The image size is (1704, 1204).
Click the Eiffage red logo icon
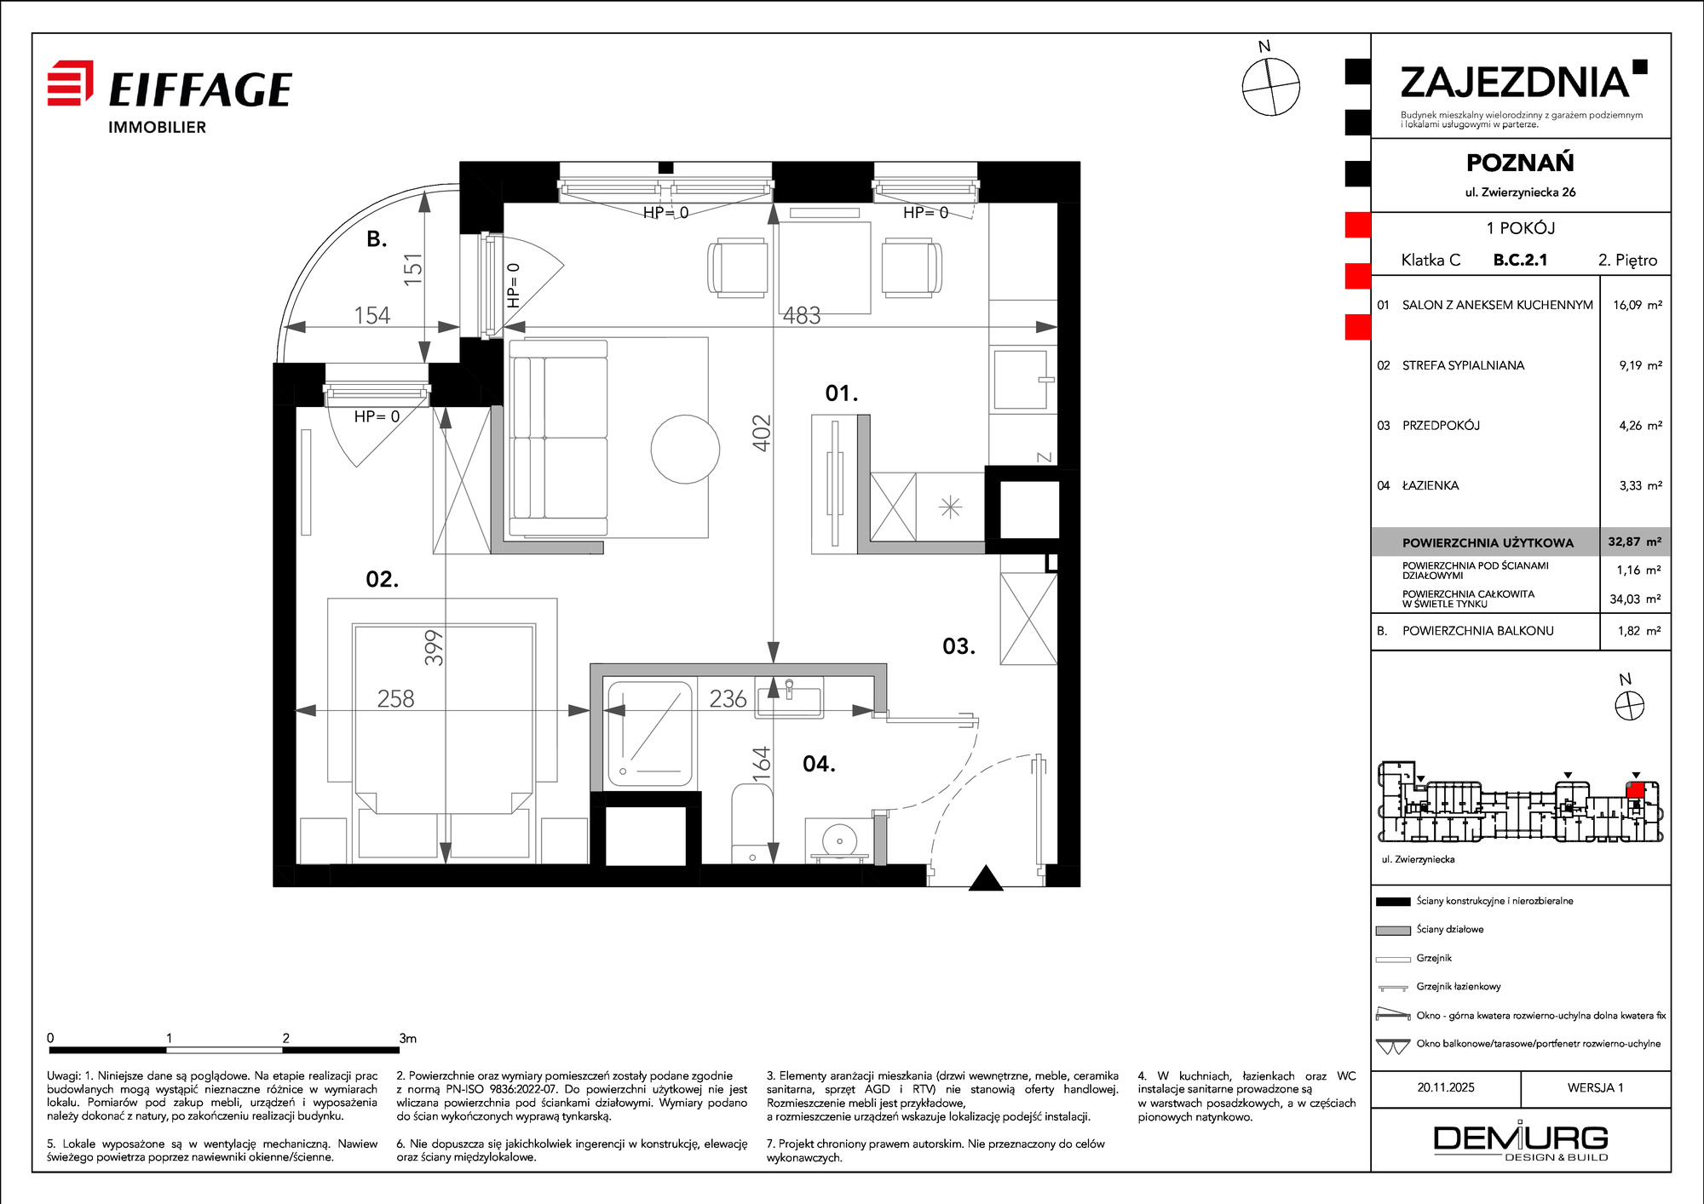[x=70, y=83]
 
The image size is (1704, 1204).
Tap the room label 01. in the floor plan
[x=842, y=393]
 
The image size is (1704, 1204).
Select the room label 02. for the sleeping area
[x=382, y=580]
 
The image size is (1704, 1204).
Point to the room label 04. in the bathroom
[x=819, y=764]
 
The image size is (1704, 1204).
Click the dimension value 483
[x=802, y=316]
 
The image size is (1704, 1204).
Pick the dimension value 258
[x=395, y=699]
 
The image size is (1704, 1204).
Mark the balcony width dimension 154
[x=372, y=316]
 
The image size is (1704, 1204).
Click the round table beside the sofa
[x=685, y=449]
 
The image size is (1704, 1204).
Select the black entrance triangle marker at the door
[x=986, y=878]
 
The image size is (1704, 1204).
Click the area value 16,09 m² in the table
[x=1637, y=305]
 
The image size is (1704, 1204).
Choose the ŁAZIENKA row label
[x=1431, y=485]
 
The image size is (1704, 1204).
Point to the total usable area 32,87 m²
[x=1634, y=542]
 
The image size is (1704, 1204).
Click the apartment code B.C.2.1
[x=1520, y=260]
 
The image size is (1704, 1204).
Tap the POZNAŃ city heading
[x=1520, y=162]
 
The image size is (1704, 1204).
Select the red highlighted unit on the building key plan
[x=1635, y=789]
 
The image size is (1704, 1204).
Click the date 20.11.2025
[x=1446, y=1087]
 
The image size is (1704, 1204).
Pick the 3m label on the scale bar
[x=407, y=1038]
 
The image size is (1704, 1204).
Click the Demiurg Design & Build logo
[x=1521, y=1141]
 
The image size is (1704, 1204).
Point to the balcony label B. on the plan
[x=377, y=239]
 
